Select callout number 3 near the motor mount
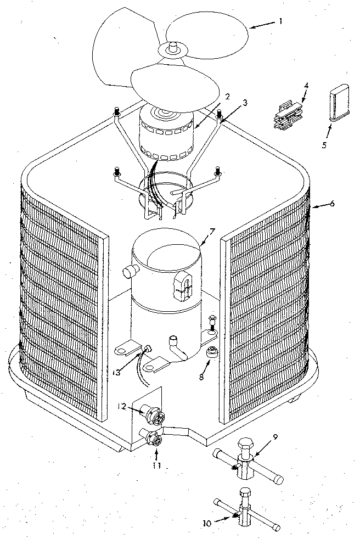point(245,103)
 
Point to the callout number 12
point(122,406)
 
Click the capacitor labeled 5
point(336,102)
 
